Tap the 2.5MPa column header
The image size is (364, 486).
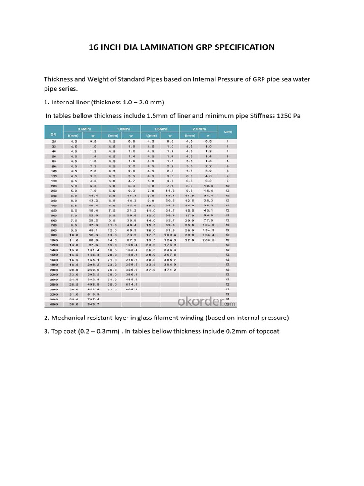point(198,129)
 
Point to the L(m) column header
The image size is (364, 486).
point(227,131)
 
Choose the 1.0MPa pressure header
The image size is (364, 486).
point(123,129)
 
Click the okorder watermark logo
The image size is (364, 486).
point(206,301)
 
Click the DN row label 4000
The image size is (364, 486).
point(54,304)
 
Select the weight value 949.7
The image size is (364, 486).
point(92,304)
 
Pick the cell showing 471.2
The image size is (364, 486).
point(169,269)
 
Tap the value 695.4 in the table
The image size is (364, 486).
point(131,289)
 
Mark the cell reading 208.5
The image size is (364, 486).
point(208,240)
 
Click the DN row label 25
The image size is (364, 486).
point(54,141)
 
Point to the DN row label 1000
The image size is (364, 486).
point(54,240)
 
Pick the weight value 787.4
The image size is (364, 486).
point(92,299)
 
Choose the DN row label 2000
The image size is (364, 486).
point(54,269)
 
